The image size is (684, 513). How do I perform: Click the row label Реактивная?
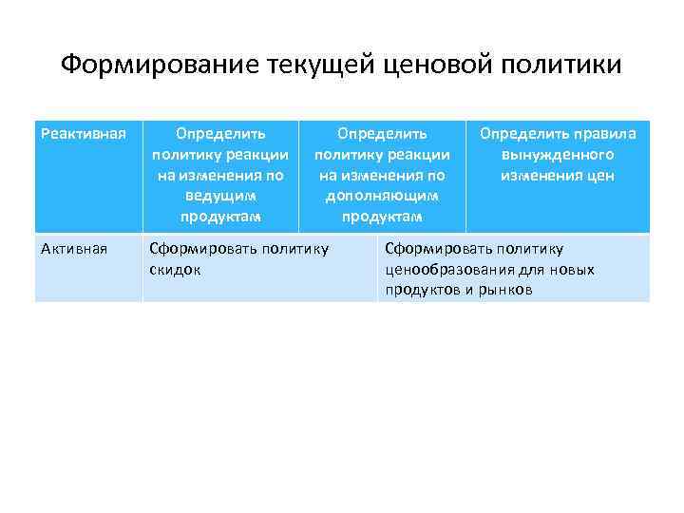click(83, 133)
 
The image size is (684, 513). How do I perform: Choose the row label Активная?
click(74, 249)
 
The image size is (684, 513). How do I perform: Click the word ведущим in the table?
click(220, 195)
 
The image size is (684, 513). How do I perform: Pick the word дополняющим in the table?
click(382, 195)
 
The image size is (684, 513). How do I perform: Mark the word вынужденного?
click(558, 155)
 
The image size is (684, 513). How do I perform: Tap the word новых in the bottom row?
click(573, 269)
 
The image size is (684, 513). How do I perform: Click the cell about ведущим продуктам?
click(220, 175)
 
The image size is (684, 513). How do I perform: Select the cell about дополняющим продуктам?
click(382, 175)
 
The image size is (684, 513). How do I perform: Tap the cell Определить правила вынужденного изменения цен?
click(558, 175)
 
